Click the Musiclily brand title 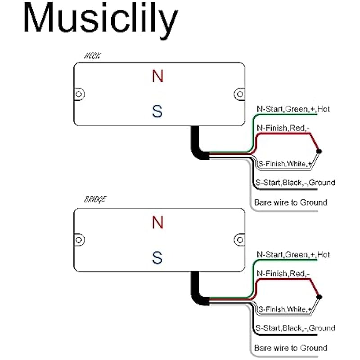[100, 20]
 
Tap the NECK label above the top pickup [93, 57]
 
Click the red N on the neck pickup [157, 77]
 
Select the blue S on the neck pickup [157, 111]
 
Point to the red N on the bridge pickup [157, 222]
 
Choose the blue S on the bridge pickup [157, 258]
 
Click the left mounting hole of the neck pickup [79, 94]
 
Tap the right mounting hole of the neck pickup [238, 94]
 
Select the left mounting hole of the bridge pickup [79, 239]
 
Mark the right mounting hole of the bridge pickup [238, 239]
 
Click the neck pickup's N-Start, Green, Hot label [293, 109]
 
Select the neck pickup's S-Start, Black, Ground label [295, 183]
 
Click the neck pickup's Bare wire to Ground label [291, 202]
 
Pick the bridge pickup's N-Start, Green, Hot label [293, 255]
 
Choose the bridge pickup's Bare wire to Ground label [291, 348]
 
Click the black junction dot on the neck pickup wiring [319, 151]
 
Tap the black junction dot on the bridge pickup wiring [319, 297]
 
